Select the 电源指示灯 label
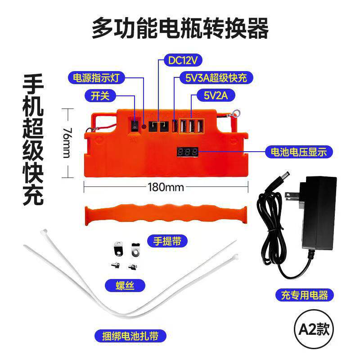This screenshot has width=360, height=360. [x=95, y=77]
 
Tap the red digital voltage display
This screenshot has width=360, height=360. [x=187, y=151]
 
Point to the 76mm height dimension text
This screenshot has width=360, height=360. [x=67, y=143]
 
